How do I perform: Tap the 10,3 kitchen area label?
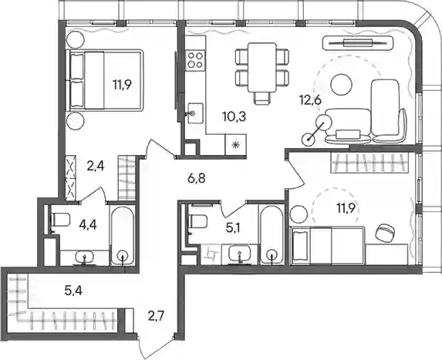pos(234,116)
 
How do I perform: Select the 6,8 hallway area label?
pos(196,178)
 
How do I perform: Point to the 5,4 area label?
pos(73,290)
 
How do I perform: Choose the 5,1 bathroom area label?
pos(233,228)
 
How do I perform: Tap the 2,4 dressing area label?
pos(96,167)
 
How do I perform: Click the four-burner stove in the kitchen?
pos(195,61)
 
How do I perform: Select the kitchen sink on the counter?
pos(195,113)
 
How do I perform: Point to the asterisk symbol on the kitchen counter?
pos(236,145)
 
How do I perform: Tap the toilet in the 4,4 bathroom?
pos(60,220)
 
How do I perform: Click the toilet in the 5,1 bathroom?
pos(198,221)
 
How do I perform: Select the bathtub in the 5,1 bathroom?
pos(272,234)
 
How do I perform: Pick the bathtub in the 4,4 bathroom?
pos(123,236)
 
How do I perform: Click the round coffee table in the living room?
pos(342,85)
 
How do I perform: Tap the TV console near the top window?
pos(358,43)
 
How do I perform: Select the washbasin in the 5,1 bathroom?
pos(240,254)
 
